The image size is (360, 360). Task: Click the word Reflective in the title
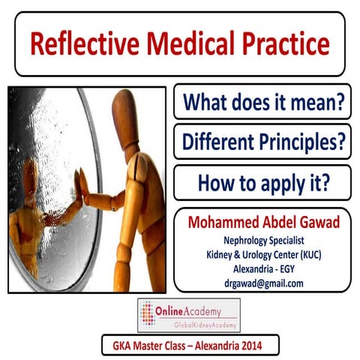tap(82, 46)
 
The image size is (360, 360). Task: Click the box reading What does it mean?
tap(262, 103)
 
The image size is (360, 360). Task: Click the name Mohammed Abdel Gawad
tap(262, 223)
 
